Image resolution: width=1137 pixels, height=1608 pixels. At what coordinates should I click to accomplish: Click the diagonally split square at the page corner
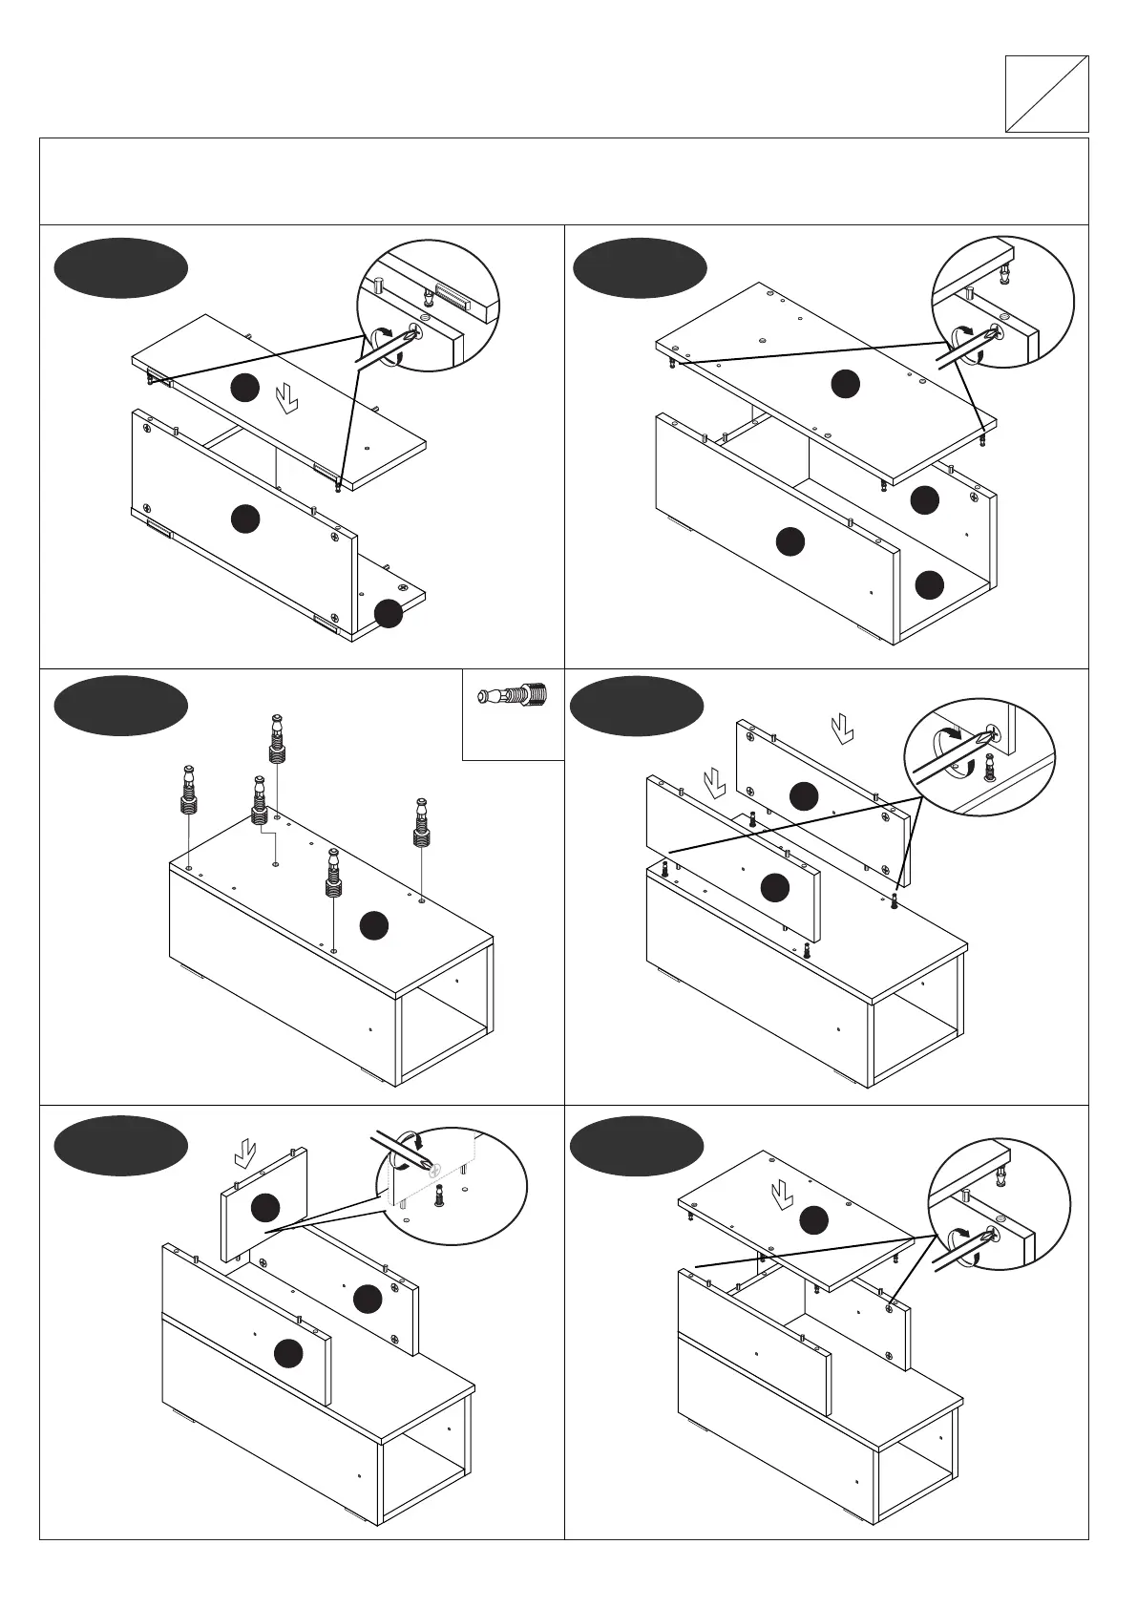pyautogui.click(x=1046, y=94)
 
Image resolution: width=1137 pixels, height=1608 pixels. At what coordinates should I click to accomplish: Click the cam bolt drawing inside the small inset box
pyautogui.click(x=513, y=694)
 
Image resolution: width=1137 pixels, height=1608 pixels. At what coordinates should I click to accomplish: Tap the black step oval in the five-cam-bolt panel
pyautogui.click(x=120, y=706)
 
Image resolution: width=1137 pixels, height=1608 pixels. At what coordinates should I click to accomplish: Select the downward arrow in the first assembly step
pyautogui.click(x=285, y=398)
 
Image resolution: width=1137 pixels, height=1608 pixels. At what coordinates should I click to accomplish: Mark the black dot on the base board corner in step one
pyautogui.click(x=388, y=614)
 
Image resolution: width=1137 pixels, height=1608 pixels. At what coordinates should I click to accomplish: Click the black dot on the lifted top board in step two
pyautogui.click(x=845, y=384)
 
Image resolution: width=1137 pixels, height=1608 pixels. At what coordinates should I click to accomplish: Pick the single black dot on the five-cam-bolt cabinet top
pyautogui.click(x=374, y=924)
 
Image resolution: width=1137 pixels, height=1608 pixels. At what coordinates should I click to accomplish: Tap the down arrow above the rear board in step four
pyautogui.click(x=841, y=730)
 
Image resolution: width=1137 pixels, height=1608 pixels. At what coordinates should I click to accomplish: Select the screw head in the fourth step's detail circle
pyautogui.click(x=992, y=733)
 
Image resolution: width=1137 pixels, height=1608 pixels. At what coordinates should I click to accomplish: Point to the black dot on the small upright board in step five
pyautogui.click(x=264, y=1208)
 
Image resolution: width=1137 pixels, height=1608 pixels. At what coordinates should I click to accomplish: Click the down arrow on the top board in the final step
pyautogui.click(x=781, y=1194)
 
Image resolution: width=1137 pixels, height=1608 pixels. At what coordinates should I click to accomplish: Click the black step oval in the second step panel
pyautogui.click(x=640, y=267)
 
